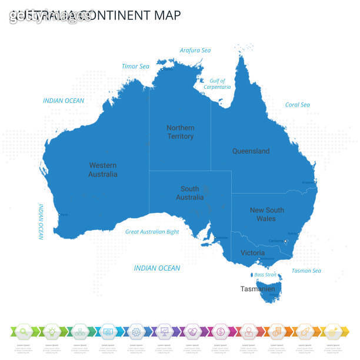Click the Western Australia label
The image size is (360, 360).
coord(103,170)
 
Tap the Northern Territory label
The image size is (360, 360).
coord(180,132)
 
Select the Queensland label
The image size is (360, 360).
coord(251,151)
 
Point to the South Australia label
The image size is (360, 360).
coord(189,193)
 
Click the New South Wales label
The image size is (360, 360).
coord(266,214)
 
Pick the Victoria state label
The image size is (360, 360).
coord(252,253)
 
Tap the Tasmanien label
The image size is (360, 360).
coord(257,289)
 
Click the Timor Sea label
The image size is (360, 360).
coord(135,66)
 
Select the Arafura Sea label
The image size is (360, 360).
coord(195,51)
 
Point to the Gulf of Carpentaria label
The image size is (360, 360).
coord(217,84)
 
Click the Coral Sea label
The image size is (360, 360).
coord(297,105)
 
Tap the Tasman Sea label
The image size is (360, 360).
coord(306,271)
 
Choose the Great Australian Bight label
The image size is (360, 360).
coord(152,232)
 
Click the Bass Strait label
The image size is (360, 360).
coord(265,275)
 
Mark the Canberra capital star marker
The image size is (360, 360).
coord(285,241)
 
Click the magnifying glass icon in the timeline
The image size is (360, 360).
coord(24,331)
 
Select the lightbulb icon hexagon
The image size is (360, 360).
coord(51,331)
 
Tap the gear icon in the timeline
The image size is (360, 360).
coord(135,331)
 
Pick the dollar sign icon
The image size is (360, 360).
coord(220,331)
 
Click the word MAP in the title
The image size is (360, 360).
coord(165,15)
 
